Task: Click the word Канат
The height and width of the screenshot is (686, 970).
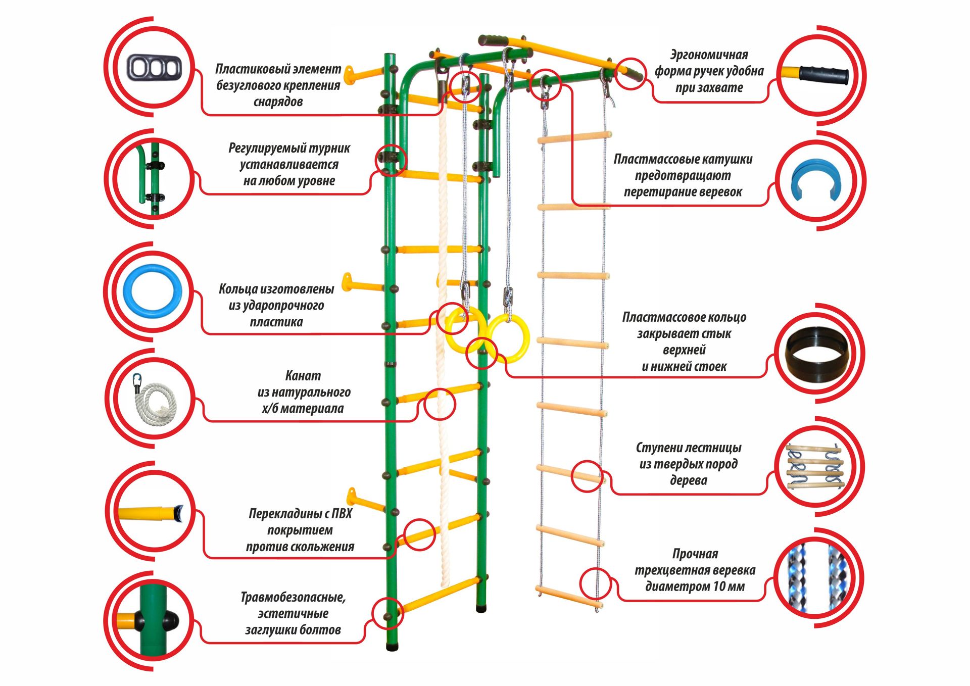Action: click(303, 376)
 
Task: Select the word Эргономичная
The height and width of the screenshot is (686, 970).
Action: click(709, 55)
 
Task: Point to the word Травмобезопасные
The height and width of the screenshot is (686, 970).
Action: click(293, 598)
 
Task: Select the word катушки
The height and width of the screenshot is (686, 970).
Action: click(729, 159)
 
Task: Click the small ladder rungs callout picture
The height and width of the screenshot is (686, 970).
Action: click(815, 466)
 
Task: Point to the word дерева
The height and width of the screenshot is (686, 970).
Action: click(688, 480)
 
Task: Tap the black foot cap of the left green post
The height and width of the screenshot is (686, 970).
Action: click(392, 646)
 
